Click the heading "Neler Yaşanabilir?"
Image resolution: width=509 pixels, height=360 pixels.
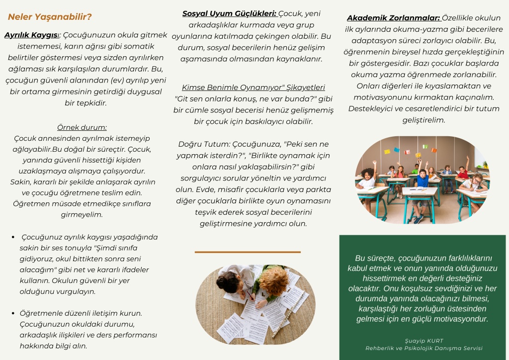pyautogui.click(x=50, y=17)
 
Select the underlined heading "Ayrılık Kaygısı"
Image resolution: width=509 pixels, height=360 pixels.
pyautogui.click(x=31, y=35)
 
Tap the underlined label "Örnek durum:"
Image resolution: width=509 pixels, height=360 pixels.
pyautogui.click(x=82, y=127)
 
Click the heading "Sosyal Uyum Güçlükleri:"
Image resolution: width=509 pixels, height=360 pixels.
pyautogui.click(x=229, y=14)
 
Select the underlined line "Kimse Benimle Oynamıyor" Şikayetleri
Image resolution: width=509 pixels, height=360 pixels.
pyautogui.click(x=254, y=88)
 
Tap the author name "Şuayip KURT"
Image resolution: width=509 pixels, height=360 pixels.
pyautogui.click(x=424, y=341)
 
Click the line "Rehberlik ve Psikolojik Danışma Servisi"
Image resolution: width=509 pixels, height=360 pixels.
pyautogui.click(x=424, y=348)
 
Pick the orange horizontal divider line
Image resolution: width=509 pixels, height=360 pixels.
pyautogui.click(x=248, y=252)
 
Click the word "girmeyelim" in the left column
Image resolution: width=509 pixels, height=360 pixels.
pyautogui.click(x=82, y=215)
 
